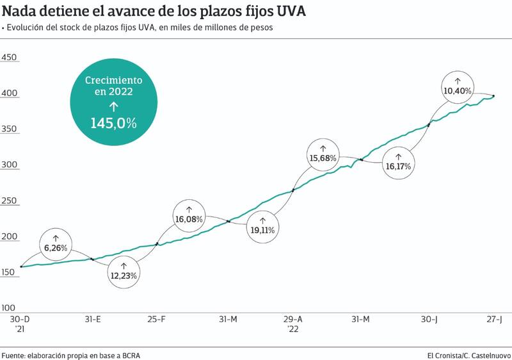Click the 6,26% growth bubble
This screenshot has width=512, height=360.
tap(56, 242)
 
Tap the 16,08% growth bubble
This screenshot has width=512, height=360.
tap(189, 214)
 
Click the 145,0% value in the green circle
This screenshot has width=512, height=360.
tap(113, 123)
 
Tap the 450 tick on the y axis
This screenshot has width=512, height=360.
tap(9, 58)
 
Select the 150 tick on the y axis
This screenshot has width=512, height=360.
tap(9, 273)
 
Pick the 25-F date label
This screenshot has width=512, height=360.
tap(157, 319)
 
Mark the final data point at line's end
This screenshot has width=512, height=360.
tap(493, 96)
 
